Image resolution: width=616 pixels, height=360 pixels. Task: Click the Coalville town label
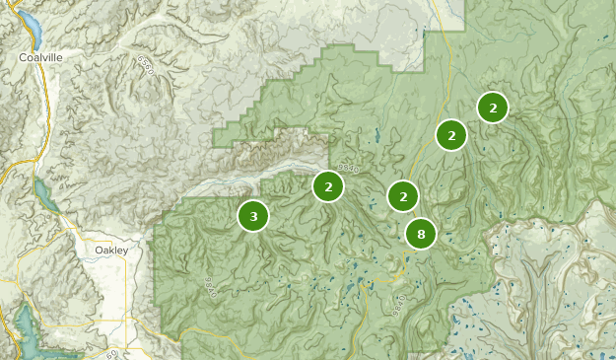(x=40, y=58)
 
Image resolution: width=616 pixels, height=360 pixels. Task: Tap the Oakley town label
(x=111, y=251)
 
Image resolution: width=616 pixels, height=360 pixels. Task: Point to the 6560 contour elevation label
(x=147, y=66)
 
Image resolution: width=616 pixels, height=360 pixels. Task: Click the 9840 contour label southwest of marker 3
(x=210, y=286)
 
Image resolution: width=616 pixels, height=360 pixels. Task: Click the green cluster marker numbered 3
(x=253, y=215)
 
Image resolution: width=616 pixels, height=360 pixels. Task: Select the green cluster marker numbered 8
(x=421, y=234)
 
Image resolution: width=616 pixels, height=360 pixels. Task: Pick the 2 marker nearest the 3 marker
(x=328, y=185)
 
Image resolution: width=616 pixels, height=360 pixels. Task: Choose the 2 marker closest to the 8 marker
(x=402, y=197)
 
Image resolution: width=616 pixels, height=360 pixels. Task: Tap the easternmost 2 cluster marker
(x=493, y=107)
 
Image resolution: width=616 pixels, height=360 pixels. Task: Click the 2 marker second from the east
(x=451, y=135)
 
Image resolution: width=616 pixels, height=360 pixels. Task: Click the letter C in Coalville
(x=23, y=58)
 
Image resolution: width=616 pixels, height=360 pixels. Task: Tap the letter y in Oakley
(x=125, y=252)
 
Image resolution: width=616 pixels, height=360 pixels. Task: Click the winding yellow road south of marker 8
(x=404, y=271)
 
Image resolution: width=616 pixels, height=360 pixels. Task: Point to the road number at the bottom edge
(x=112, y=353)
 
